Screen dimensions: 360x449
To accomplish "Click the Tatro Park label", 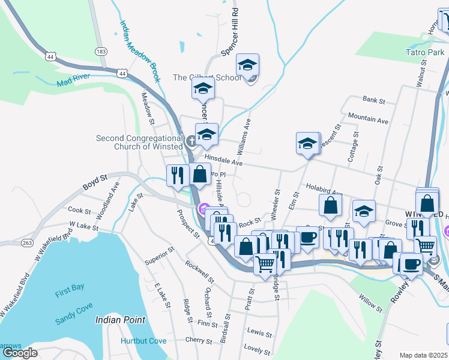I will coord(424,52).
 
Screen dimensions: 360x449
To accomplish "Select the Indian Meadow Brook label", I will coord(139,52).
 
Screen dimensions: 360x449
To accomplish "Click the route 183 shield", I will coord(101,52).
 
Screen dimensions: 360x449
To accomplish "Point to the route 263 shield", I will coord(28,243).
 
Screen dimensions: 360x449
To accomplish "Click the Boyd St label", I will coord(94,179).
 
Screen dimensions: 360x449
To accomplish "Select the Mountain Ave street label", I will coord(368,120).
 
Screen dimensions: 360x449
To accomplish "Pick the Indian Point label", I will coord(120,320).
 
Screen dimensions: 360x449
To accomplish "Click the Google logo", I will coord(20,353).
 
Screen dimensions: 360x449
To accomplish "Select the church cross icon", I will coord(191,142).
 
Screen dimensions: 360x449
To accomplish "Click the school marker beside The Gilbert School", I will coord(247,66).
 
